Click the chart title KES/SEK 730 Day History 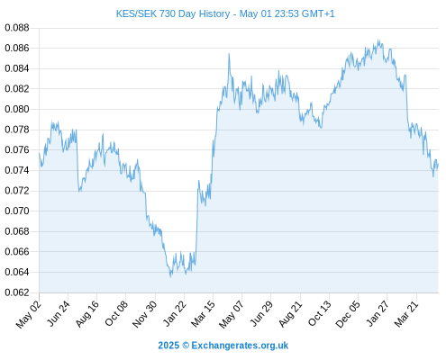tap(173, 13)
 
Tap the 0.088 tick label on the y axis tap(17, 28)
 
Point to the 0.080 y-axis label tap(17, 109)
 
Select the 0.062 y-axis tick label tap(17, 292)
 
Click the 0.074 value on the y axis tap(17, 170)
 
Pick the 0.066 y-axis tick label tap(17, 251)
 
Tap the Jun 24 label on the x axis tap(59, 313)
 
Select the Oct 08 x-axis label tap(116, 313)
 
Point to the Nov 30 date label tap(144, 314)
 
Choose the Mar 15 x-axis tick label tap(203, 313)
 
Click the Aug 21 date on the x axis tap(290, 313)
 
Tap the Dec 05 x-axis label tap(348, 313)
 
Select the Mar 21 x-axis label tap(406, 313)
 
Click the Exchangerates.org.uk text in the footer tap(240, 346)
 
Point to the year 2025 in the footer tap(168, 346)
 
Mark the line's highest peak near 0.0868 tap(378, 40)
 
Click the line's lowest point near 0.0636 tap(170, 276)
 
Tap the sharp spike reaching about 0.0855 tap(229, 54)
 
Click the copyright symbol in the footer tap(186, 346)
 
